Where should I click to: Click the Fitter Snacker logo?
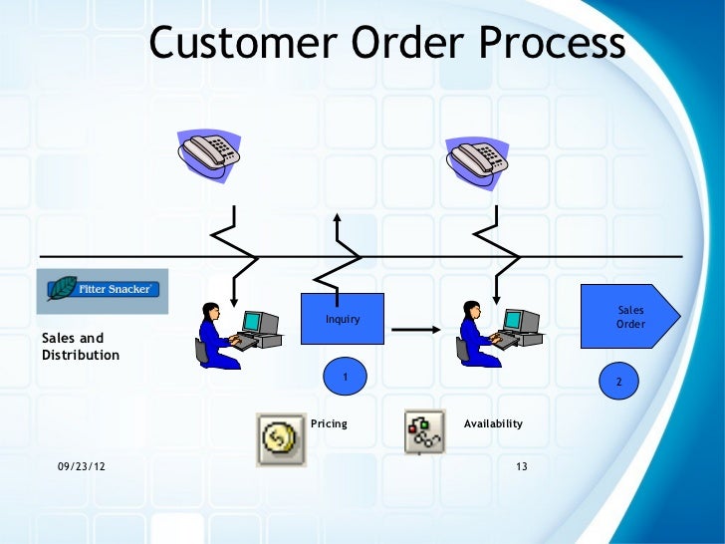tap(103, 290)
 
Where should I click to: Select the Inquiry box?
tap(343, 319)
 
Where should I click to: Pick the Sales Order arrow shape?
tap(631, 318)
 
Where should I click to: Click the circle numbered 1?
tap(345, 377)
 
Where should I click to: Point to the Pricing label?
tap(330, 423)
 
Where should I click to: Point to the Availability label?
tap(493, 423)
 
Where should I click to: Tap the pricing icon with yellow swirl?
tap(281, 439)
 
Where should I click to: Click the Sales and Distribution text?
tap(80, 347)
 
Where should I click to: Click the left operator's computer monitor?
tap(259, 321)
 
